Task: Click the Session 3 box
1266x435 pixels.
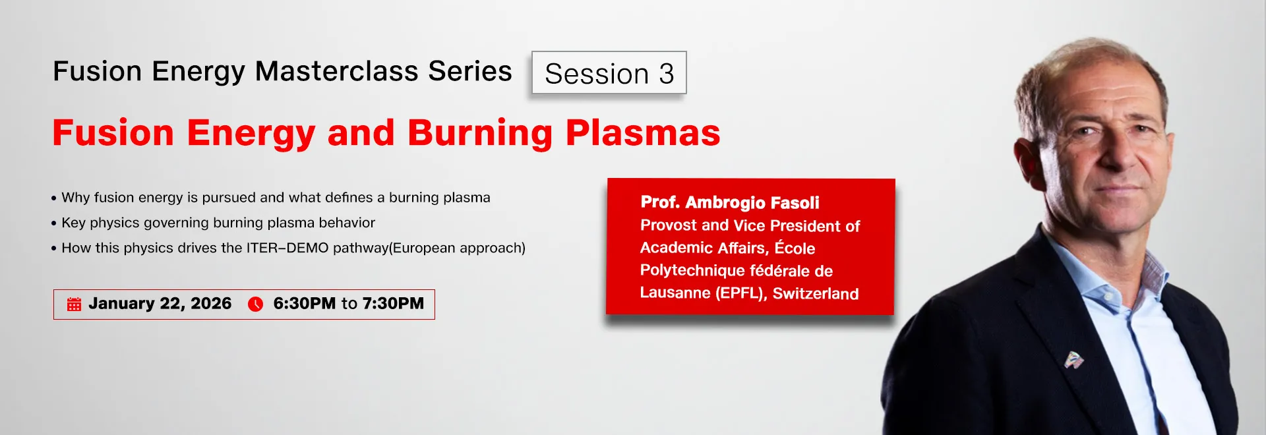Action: click(609, 72)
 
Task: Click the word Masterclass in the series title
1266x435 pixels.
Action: click(336, 71)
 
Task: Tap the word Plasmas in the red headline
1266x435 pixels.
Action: click(643, 132)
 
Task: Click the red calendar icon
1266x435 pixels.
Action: click(74, 304)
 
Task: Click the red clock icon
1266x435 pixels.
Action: click(255, 304)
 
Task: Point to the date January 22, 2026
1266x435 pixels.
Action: click(160, 304)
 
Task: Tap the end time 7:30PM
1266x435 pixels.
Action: click(393, 303)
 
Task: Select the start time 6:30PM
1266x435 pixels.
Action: click(305, 303)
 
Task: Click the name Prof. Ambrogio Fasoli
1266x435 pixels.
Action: click(730, 202)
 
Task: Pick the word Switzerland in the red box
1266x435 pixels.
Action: click(816, 293)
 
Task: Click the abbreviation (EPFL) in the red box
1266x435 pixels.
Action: click(741, 293)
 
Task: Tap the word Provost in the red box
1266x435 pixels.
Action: click(669, 225)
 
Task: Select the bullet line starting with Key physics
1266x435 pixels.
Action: click(213, 223)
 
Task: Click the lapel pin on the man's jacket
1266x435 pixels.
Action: click(1073, 360)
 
